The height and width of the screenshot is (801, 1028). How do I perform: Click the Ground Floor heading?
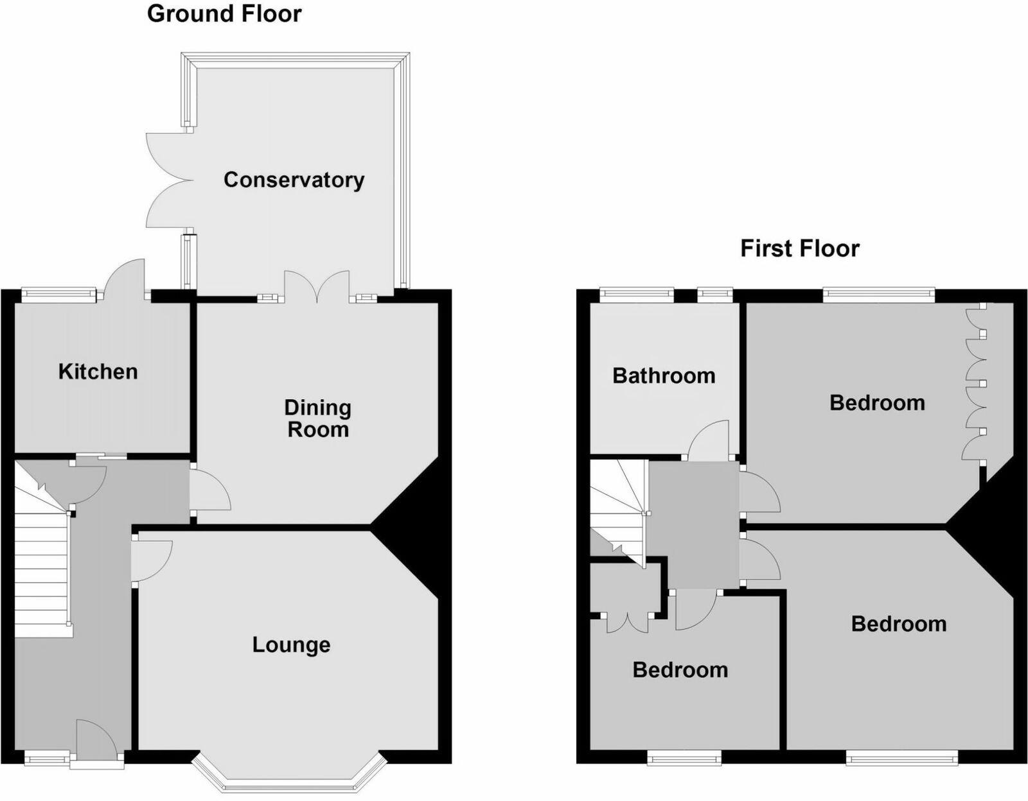[224, 13]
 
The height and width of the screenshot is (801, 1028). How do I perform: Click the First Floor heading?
[799, 248]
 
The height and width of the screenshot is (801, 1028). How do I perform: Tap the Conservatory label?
[294, 180]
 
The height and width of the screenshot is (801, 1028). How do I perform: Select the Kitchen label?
[98, 372]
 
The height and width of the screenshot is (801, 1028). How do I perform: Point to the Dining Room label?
[318, 418]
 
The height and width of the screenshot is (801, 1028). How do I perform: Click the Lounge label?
[291, 644]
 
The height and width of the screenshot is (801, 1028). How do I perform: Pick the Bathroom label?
[664, 375]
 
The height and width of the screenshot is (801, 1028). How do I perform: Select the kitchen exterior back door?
[126, 279]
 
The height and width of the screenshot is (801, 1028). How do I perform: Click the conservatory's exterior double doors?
[168, 180]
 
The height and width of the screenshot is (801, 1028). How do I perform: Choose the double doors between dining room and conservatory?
[317, 287]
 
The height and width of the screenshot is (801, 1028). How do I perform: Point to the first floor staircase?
[617, 507]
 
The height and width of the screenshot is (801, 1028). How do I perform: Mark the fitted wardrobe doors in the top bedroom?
[975, 382]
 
